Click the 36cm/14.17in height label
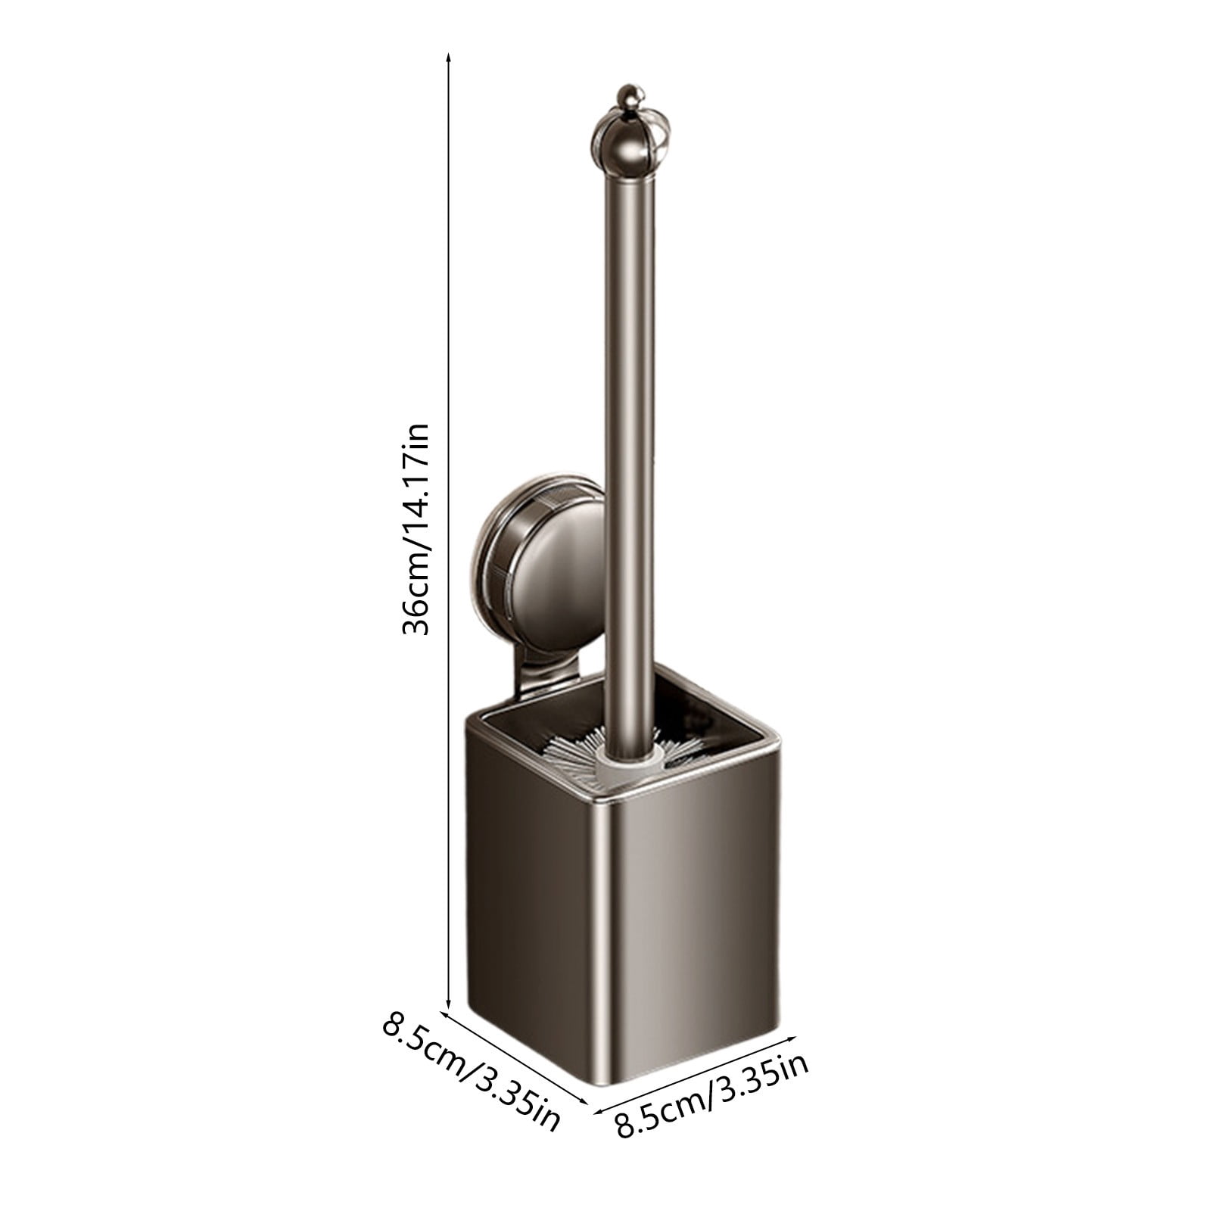(x=416, y=528)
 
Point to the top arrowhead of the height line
(x=449, y=57)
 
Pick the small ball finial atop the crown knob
(x=630, y=96)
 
